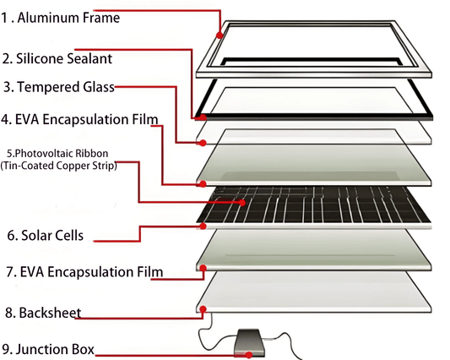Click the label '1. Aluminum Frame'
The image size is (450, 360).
[x=60, y=18]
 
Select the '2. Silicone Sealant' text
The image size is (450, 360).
[x=57, y=58]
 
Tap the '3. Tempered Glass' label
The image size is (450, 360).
[x=59, y=87]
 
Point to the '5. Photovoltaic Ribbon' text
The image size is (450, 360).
[x=57, y=154]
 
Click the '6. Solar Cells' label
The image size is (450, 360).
[x=46, y=235]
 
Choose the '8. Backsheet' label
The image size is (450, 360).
[x=43, y=313]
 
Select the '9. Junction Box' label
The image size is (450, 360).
[x=48, y=349]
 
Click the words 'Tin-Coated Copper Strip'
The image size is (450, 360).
[x=58, y=166]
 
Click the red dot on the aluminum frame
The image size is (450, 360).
[x=220, y=35]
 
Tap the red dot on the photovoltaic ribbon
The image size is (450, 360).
[x=242, y=203]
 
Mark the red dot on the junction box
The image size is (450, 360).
[x=249, y=355]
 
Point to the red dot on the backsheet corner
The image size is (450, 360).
[x=203, y=309]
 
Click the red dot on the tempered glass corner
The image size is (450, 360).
[x=203, y=143]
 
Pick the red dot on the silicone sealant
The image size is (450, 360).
[x=203, y=117]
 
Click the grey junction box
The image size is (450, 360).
[x=248, y=343]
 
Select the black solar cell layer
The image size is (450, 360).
[x=314, y=205]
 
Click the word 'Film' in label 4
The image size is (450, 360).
[x=145, y=119]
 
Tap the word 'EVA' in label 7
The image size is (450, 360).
[x=32, y=272]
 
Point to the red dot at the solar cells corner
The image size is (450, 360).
[x=203, y=226]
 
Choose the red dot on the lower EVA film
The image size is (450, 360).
[x=203, y=268]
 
